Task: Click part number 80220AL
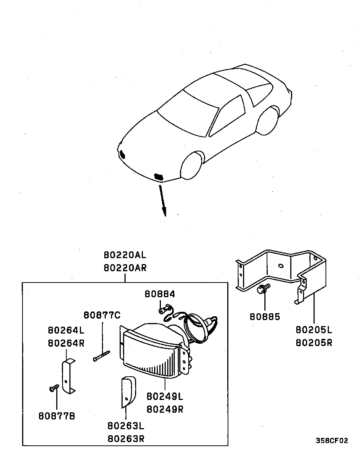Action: pos(125,255)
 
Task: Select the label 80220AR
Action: pos(125,268)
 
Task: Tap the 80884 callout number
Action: pos(160,294)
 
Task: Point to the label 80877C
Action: pos(102,315)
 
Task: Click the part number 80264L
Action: pos(66,330)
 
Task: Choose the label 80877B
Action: pos(57,416)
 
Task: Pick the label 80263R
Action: pos(126,439)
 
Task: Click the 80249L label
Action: pos(165,396)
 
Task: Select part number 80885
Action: pos(265,317)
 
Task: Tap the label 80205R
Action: pos(314,343)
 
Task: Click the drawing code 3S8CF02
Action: pos(331,440)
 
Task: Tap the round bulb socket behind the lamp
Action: pos(198,326)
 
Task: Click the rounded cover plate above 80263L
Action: pos(127,392)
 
